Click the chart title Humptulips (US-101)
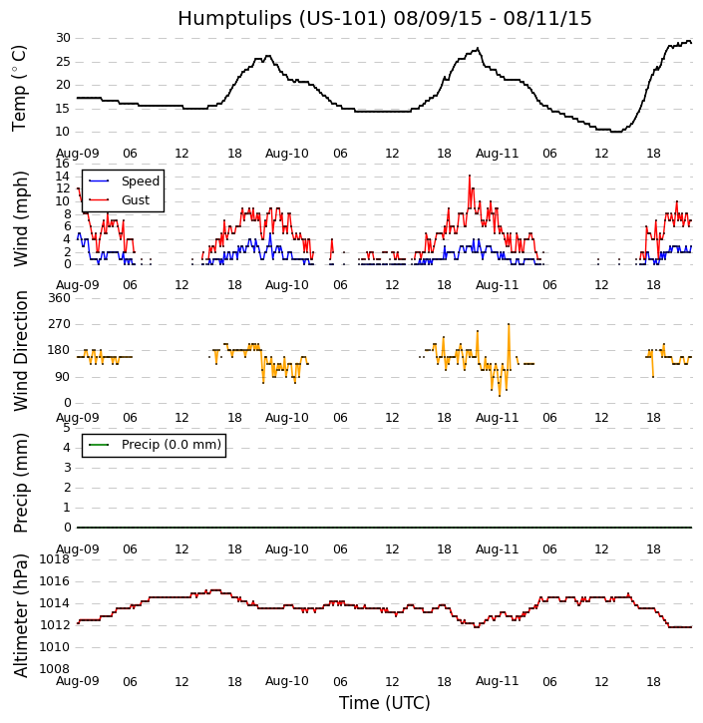384,18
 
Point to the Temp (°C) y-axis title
20,87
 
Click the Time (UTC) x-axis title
384,703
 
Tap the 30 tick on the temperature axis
63,38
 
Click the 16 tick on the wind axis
63,164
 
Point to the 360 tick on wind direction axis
59,297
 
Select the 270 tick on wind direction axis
59,324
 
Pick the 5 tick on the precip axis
66,428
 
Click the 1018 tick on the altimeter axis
55,559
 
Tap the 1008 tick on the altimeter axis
55,669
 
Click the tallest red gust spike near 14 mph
470,176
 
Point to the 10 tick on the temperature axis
63,132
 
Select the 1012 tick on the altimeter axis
55,625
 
